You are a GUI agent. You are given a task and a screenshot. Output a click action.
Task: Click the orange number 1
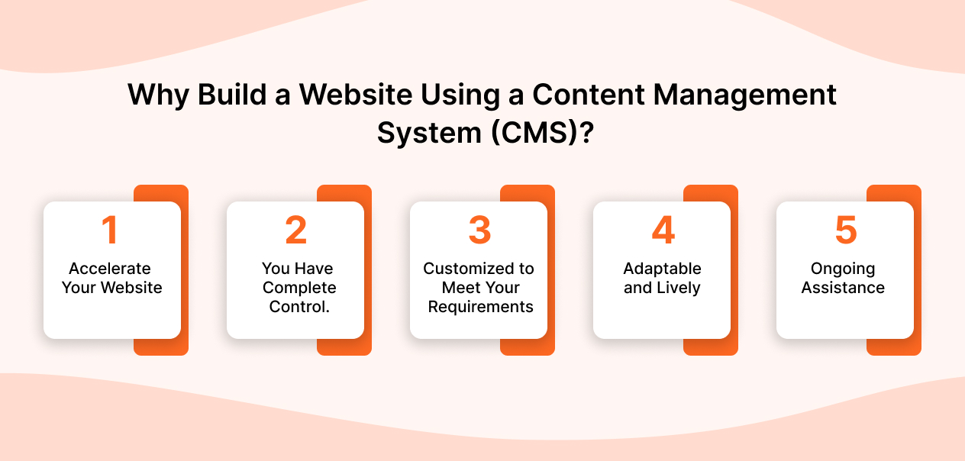pyautogui.click(x=111, y=231)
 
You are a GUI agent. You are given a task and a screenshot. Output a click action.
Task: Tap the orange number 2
pyautogui.click(x=295, y=231)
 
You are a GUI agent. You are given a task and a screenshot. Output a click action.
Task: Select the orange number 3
pyautogui.click(x=479, y=231)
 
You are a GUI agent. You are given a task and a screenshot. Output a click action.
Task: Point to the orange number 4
pyautogui.click(x=662, y=231)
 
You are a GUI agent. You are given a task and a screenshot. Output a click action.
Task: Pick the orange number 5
pyautogui.click(x=845, y=231)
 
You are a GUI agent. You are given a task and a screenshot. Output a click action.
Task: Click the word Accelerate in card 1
pyautogui.click(x=110, y=269)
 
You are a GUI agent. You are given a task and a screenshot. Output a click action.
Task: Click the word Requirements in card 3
pyautogui.click(x=480, y=307)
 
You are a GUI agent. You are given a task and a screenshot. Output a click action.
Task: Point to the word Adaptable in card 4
pyautogui.click(x=662, y=269)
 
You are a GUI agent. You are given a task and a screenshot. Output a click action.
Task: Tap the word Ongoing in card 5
pyautogui.click(x=843, y=269)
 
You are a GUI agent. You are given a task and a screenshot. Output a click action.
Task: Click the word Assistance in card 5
pyautogui.click(x=843, y=288)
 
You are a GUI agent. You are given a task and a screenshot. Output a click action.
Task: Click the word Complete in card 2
pyautogui.click(x=299, y=288)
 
